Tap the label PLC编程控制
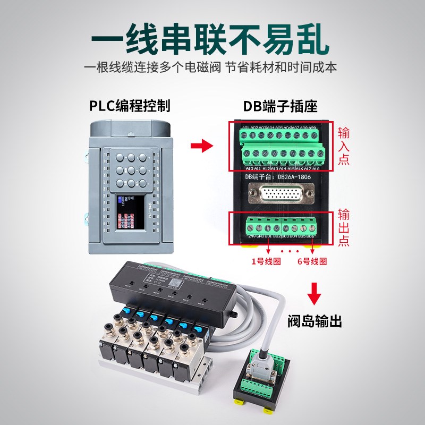(130, 105)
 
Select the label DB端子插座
(280, 105)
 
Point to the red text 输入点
(344, 144)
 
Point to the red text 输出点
(344, 227)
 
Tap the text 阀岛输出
(314, 321)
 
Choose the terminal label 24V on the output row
(252, 235)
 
